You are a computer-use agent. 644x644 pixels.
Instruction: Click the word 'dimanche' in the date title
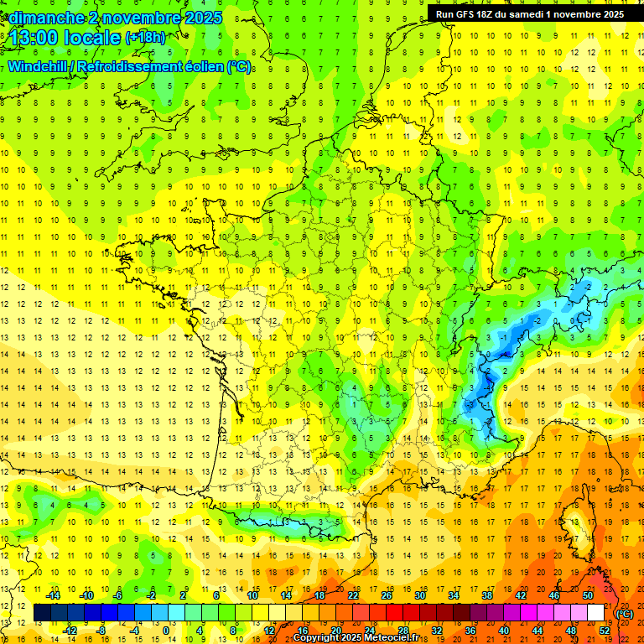[x=39, y=18]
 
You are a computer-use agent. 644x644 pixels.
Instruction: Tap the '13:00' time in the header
[x=34, y=39]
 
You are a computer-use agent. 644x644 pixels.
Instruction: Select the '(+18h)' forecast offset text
[x=145, y=38]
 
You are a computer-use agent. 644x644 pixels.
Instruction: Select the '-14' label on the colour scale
[x=54, y=595]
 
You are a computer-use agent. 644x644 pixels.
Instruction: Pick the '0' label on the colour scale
[x=166, y=631]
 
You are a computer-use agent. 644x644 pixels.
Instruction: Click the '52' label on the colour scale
[x=604, y=631]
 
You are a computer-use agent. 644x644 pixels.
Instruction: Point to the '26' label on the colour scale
[x=386, y=595]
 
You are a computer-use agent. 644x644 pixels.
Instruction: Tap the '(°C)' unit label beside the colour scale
[x=625, y=613]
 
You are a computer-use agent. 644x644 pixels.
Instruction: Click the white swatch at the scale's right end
[x=595, y=613]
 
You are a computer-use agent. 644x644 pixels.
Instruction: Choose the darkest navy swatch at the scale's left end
[x=42, y=613]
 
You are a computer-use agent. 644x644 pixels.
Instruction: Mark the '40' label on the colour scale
[x=503, y=631]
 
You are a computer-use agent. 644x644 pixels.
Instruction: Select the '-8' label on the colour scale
[x=101, y=631]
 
